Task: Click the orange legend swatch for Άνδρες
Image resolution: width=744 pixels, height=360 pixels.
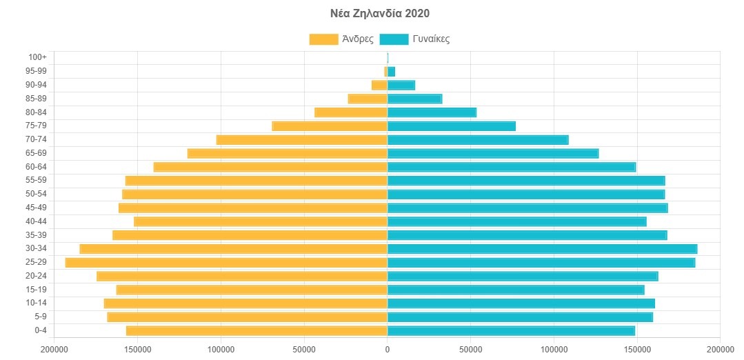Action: (323, 39)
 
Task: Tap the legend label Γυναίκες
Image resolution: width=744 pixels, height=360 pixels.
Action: (431, 39)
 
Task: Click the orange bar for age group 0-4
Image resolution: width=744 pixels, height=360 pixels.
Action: (257, 331)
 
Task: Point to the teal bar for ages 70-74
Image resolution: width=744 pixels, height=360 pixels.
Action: (478, 140)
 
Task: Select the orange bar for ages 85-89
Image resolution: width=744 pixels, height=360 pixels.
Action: (368, 99)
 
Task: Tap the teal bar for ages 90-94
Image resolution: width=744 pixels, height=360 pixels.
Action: (401, 85)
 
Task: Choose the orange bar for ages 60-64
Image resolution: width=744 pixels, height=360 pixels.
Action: (270, 167)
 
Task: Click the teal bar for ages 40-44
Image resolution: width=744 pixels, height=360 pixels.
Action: (517, 221)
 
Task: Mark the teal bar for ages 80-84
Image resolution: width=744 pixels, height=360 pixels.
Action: (432, 112)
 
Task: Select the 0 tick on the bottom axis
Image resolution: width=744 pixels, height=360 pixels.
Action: (388, 350)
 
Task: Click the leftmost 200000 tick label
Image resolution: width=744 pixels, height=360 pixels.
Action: (54, 350)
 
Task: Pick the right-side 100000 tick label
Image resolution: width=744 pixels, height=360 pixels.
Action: (554, 350)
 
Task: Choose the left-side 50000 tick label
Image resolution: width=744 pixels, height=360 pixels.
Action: (304, 350)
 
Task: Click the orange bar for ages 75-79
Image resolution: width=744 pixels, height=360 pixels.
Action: (330, 126)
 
